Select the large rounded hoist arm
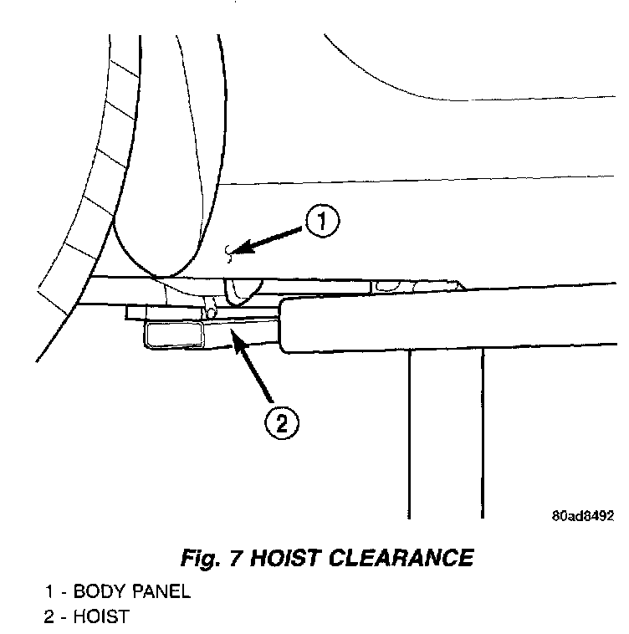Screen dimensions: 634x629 coord(452,323)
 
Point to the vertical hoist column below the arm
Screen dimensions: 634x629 coord(446,435)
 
